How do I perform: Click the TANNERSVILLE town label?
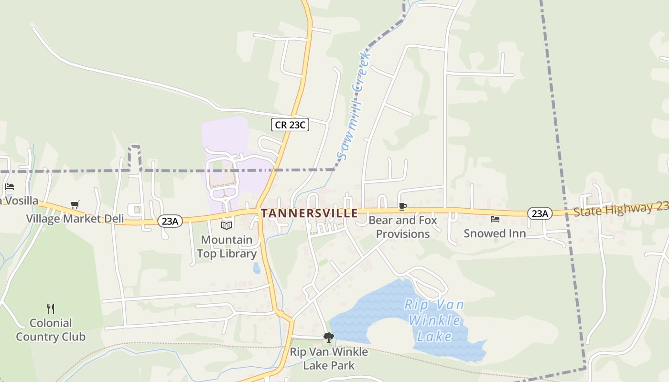tap(309, 213)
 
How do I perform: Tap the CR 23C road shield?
tap(290, 125)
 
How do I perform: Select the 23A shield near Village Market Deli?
tap(170, 221)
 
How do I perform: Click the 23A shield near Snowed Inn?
tap(540, 213)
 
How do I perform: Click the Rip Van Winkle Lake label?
tap(434, 320)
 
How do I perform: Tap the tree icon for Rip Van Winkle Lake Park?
tap(328, 338)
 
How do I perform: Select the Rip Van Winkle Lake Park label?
tap(329, 359)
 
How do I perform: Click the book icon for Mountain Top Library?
tap(227, 225)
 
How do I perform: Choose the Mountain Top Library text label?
tap(227, 246)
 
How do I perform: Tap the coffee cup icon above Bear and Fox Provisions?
tap(403, 207)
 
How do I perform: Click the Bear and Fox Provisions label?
tap(403, 227)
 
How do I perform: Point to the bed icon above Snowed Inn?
tap(495, 219)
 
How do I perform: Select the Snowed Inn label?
tap(495, 233)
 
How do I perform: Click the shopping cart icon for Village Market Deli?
tap(75, 205)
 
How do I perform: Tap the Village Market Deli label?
tap(75, 219)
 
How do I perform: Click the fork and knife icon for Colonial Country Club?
tap(51, 308)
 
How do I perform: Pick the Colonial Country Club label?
tap(51, 329)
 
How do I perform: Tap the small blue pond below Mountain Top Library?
tap(257, 268)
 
